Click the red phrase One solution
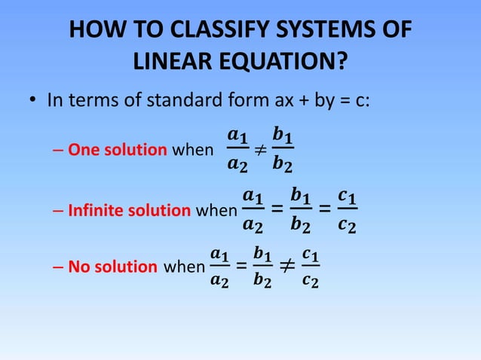(x=118, y=149)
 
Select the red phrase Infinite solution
(x=129, y=210)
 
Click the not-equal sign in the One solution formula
(x=259, y=149)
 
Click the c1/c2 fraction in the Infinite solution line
(x=348, y=210)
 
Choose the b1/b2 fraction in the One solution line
(x=283, y=149)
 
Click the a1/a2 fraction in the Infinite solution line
(x=254, y=210)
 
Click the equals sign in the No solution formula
(x=240, y=266)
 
